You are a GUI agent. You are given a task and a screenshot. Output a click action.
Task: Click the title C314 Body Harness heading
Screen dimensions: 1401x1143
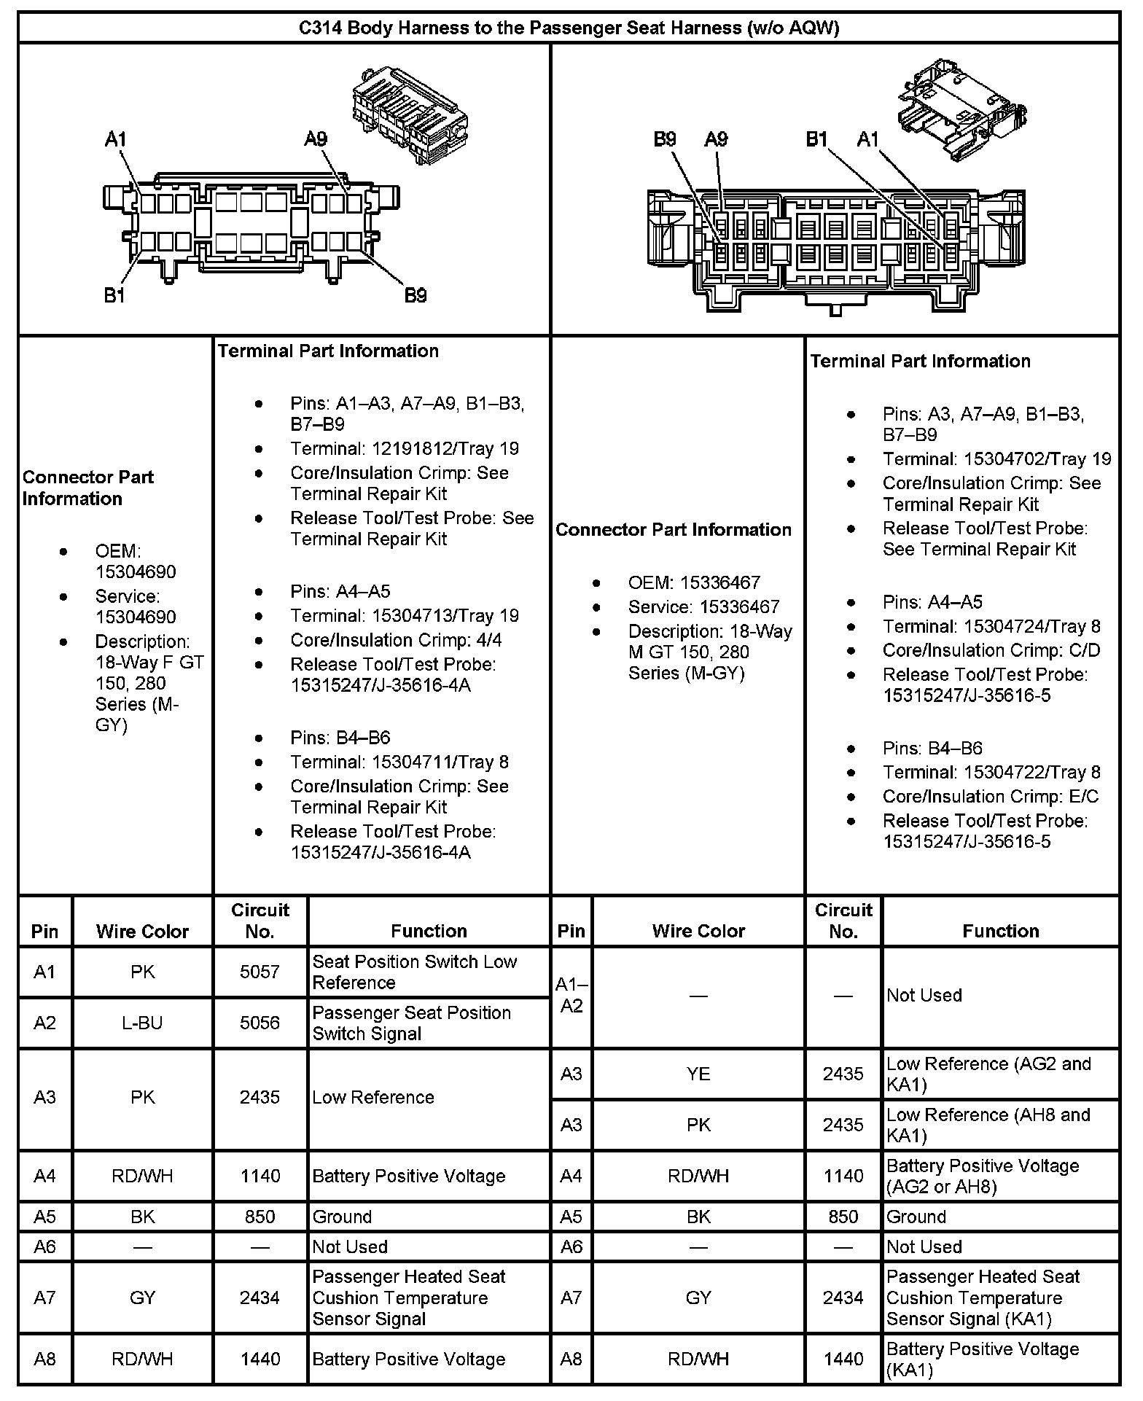coord(569,28)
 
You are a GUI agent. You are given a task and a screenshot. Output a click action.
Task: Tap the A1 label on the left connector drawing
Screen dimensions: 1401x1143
coord(116,138)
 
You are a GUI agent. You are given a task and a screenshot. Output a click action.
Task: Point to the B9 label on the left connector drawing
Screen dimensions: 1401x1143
coord(415,295)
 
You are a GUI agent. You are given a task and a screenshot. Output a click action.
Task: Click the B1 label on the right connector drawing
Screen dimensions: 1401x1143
coord(816,138)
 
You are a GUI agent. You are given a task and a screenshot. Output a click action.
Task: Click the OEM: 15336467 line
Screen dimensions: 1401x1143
coord(693,582)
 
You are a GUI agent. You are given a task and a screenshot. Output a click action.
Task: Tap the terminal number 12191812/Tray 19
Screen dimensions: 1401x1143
coord(405,448)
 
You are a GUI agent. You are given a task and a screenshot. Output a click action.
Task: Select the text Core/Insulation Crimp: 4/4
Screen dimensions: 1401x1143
coord(396,640)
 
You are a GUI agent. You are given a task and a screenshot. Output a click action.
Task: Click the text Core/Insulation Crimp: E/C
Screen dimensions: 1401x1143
coord(990,797)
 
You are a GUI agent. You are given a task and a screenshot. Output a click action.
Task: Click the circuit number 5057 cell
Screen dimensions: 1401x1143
coord(260,972)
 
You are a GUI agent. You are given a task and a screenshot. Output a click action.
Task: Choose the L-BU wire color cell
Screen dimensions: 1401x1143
coord(142,1023)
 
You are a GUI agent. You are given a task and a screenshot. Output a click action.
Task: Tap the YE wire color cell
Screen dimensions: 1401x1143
coord(698,1074)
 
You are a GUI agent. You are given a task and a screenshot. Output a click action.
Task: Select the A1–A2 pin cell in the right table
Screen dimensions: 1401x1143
coord(571,995)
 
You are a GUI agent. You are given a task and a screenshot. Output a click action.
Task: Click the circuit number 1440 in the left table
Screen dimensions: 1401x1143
coord(260,1359)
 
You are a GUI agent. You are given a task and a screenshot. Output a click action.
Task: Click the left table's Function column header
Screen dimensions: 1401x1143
coord(429,931)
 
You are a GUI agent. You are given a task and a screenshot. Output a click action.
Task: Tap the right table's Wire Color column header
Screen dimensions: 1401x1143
coord(698,931)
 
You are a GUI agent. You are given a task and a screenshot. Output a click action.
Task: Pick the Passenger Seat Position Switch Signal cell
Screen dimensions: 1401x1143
coord(412,1023)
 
